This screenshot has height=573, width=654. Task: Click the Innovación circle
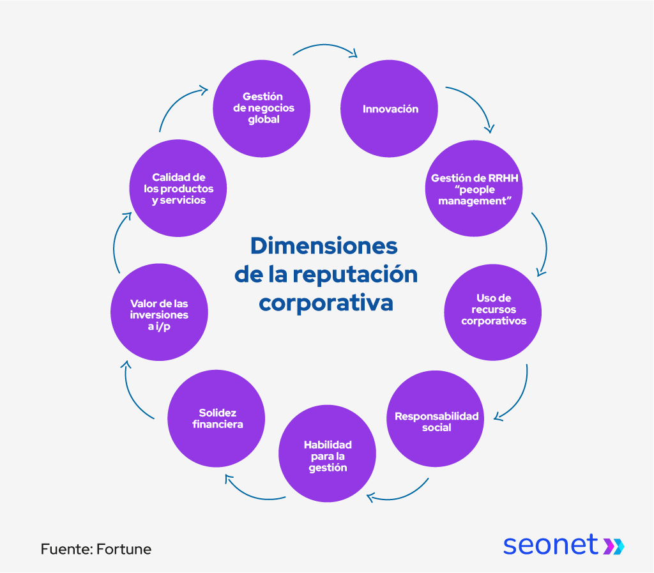(x=390, y=109)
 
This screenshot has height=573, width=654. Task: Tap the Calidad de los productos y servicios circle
(x=178, y=188)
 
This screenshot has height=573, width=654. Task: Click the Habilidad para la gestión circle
(x=328, y=455)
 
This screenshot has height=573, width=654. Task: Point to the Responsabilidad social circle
(x=437, y=422)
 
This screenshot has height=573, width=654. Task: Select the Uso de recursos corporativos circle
(x=493, y=309)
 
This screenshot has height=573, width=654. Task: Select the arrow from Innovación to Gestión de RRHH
(x=473, y=102)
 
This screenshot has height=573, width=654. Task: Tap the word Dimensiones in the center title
(x=323, y=246)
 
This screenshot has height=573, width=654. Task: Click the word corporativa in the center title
(x=326, y=302)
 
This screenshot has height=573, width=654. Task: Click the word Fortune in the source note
(x=124, y=549)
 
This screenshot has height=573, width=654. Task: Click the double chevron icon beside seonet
(x=614, y=546)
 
